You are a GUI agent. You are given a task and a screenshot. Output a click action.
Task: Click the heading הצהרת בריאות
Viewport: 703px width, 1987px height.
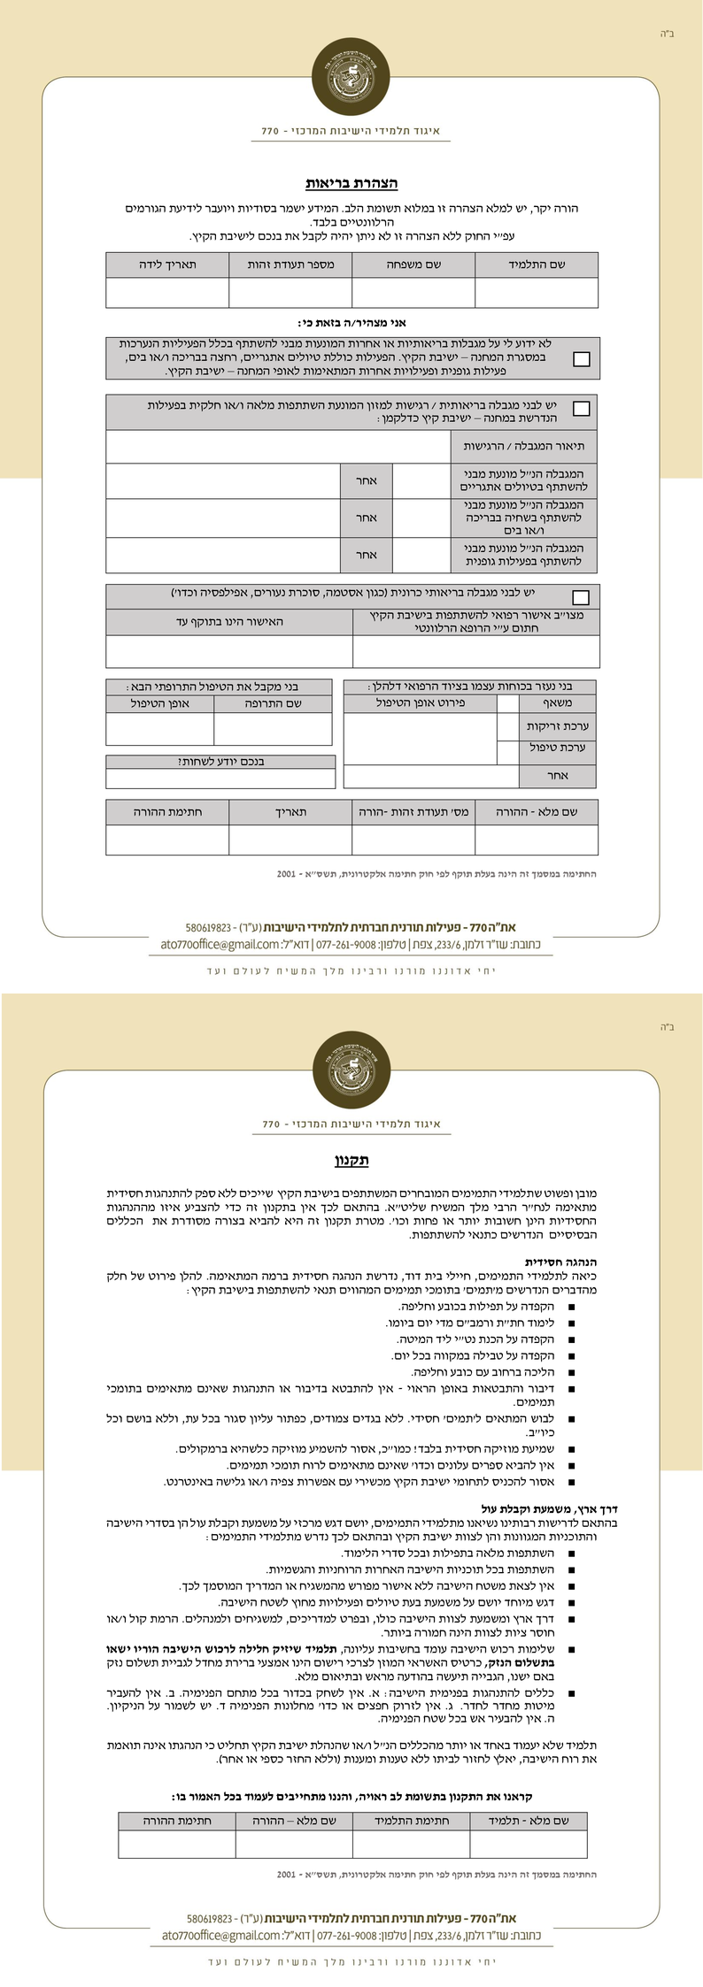click(x=351, y=184)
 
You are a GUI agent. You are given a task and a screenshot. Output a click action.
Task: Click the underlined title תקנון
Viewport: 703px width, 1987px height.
click(x=351, y=1160)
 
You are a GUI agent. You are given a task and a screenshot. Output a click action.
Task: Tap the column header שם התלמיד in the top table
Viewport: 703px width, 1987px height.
click(x=537, y=265)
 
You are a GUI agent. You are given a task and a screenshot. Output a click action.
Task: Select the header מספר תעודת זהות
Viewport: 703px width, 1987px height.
click(x=290, y=265)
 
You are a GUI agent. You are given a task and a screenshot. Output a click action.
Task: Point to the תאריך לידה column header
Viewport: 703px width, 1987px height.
click(x=167, y=265)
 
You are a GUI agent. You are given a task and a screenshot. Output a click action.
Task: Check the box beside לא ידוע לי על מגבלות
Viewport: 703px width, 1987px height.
click(x=582, y=359)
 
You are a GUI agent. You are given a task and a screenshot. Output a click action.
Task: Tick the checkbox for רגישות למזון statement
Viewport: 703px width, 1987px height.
click(x=582, y=409)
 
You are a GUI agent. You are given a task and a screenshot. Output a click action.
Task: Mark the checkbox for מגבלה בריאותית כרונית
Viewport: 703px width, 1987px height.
click(x=582, y=597)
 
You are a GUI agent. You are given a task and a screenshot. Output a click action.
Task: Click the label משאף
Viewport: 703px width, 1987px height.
click(x=558, y=703)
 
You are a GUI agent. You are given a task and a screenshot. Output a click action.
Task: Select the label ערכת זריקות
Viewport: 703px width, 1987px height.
click(x=558, y=726)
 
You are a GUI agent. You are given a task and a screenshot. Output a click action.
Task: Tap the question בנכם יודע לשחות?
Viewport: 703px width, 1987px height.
click(x=220, y=762)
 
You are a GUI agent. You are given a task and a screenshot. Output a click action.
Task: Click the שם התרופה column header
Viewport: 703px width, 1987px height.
click(x=273, y=703)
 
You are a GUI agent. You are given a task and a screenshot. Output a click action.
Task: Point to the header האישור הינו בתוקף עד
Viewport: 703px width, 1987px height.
click(x=229, y=622)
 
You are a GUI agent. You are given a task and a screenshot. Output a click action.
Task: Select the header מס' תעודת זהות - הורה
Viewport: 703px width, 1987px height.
click(x=413, y=811)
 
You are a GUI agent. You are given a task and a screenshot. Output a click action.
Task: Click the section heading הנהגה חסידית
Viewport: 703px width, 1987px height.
click(x=561, y=1262)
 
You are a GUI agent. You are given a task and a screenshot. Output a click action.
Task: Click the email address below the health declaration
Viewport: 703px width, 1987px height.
click(x=220, y=945)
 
